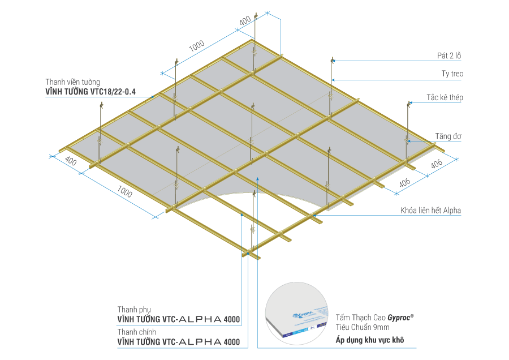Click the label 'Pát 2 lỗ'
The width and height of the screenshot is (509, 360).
[451, 55]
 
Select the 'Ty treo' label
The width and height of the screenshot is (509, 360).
[453, 74]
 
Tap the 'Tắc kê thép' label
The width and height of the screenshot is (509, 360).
[445, 97]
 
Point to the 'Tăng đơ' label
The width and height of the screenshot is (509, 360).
[447, 136]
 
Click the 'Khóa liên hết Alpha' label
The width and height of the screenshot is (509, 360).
[432, 211]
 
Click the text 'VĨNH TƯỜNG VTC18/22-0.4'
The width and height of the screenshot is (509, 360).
[90, 90]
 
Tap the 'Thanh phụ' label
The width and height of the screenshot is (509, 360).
[131, 310]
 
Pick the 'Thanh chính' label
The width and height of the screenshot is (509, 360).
[134, 332]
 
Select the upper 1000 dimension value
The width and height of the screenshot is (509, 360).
[196, 48]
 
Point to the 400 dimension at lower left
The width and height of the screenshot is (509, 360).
[71, 161]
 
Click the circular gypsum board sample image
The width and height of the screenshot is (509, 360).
[297, 314]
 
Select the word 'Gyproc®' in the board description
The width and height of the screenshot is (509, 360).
[401, 318]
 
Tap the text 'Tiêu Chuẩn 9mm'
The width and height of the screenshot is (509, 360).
[363, 328]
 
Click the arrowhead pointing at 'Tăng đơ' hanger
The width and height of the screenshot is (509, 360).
[408, 139]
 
